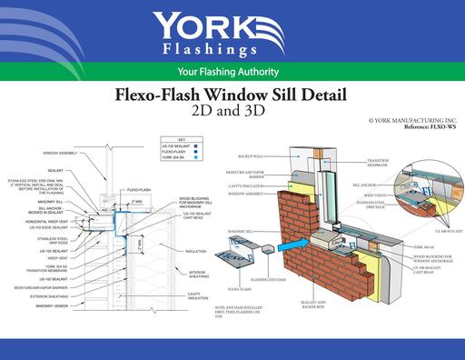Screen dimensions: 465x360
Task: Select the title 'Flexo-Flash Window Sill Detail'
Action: click(x=233, y=93)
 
